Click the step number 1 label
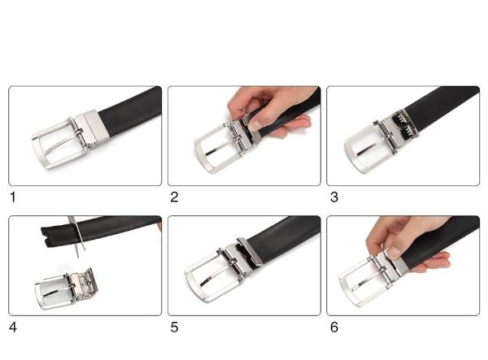[x=13, y=197]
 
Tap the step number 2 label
[x=174, y=197]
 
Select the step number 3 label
[x=334, y=197]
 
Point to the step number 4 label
[x=13, y=327]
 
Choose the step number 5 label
[x=174, y=327]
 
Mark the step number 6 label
[x=334, y=327]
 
